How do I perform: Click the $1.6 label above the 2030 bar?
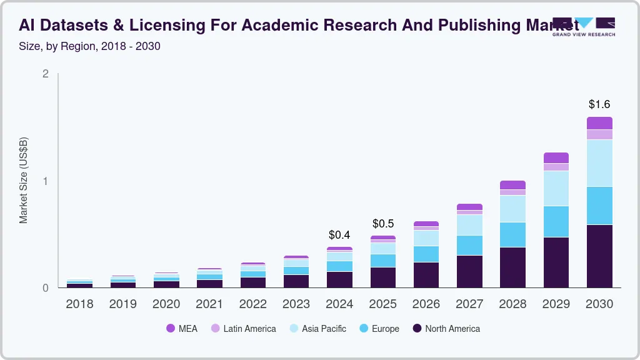(599, 104)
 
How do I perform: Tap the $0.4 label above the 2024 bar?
(339, 235)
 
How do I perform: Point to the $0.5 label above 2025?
(383, 224)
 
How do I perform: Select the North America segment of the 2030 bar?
(599, 256)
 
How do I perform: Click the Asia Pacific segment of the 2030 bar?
(599, 163)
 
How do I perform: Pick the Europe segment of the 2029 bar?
(556, 221)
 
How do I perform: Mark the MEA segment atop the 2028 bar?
(512, 185)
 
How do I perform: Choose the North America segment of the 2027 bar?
(469, 271)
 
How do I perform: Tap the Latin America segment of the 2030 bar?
(599, 134)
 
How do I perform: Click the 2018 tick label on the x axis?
(79, 304)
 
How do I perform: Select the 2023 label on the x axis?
(296, 304)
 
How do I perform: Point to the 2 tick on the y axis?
(46, 74)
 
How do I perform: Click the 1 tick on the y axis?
(46, 181)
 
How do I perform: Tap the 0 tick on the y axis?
(46, 288)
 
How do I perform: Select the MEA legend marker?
(171, 329)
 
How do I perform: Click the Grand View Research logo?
(584, 27)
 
